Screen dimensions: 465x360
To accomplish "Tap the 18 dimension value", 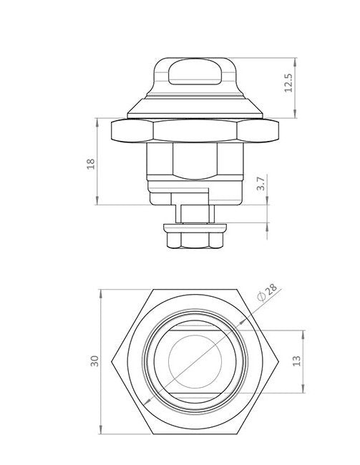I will (x=90, y=163).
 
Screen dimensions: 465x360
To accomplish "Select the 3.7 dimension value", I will (x=262, y=184).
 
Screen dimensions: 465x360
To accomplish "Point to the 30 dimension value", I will (x=93, y=361).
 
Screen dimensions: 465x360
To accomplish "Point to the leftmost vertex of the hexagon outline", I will (x=114, y=361).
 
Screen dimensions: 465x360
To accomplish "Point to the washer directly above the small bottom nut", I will (x=195, y=227).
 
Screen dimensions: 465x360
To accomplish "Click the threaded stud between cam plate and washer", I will (x=194, y=212).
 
